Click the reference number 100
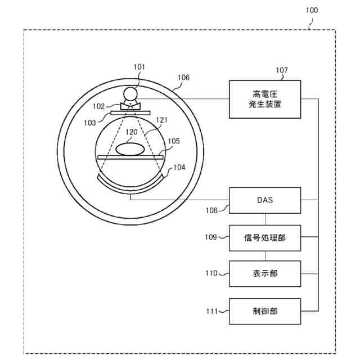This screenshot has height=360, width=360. click(311, 10)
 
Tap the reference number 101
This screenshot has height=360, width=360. click(139, 67)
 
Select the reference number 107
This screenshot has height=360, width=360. click(281, 70)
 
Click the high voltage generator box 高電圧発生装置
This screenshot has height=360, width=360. click(265, 99)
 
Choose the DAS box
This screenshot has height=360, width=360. click(265, 200)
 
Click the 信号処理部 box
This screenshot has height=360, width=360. click(265, 238)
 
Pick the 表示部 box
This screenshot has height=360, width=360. click(265, 274)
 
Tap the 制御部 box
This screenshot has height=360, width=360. click(265, 310)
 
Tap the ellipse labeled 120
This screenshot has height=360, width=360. click(130, 149)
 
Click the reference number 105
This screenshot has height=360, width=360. click(173, 141)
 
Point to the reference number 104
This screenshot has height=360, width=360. click(179, 167)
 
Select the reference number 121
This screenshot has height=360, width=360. click(162, 120)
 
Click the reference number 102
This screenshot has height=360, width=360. click(99, 105)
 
